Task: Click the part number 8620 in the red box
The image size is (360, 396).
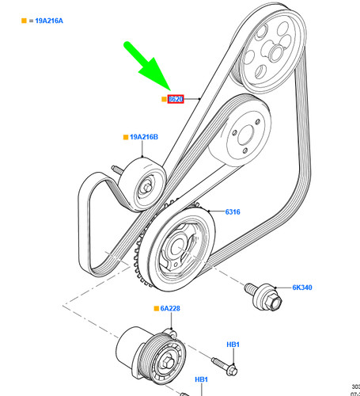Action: click(x=175, y=99)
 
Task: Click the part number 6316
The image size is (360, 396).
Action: click(x=233, y=212)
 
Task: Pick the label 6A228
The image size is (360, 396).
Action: click(x=170, y=308)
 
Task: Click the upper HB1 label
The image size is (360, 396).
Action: click(x=233, y=345)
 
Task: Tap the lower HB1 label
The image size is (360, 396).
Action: click(x=202, y=379)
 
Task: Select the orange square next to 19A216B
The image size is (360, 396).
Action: click(x=125, y=138)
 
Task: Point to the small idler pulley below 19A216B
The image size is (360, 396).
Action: click(x=146, y=187)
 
